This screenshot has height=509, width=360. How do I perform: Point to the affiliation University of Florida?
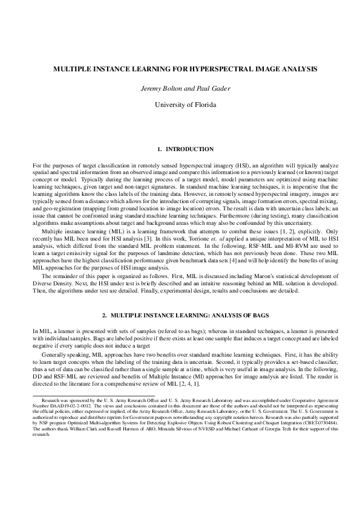180,105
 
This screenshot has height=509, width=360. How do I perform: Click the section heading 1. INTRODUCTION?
180,149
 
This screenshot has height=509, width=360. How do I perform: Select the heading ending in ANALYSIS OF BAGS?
180,316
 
